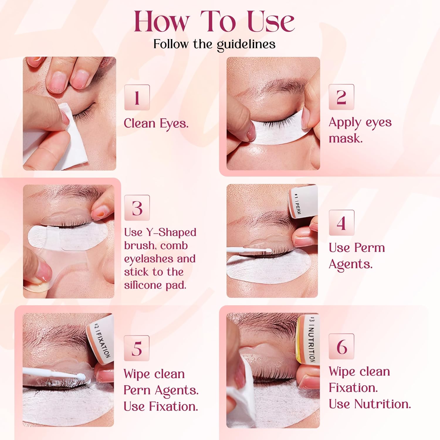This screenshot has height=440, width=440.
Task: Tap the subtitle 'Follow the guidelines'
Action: pos(214,45)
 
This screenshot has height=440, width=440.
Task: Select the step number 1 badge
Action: pos(137,97)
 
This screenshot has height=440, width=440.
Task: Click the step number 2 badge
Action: pos(341,97)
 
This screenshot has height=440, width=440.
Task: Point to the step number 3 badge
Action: pos(137,208)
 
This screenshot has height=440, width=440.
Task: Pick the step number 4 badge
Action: pos(341,223)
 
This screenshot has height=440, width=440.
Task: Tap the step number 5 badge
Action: pos(137,348)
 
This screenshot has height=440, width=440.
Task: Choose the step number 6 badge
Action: pos(341,346)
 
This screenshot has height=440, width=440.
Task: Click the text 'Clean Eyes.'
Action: pos(156,123)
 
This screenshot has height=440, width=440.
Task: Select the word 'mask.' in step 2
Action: pos(346,138)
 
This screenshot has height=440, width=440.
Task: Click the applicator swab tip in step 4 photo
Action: pos(267,251)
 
